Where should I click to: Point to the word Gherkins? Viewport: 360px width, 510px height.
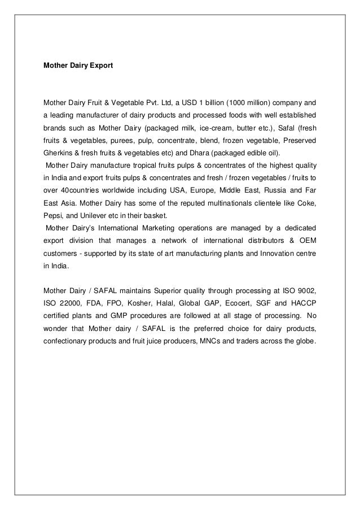coord(59,153)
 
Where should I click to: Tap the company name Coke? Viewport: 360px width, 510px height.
coord(305,203)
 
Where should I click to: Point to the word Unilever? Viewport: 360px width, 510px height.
coord(99,215)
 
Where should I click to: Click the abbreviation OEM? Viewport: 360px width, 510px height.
coord(305,240)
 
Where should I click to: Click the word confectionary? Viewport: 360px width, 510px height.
coord(67,339)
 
